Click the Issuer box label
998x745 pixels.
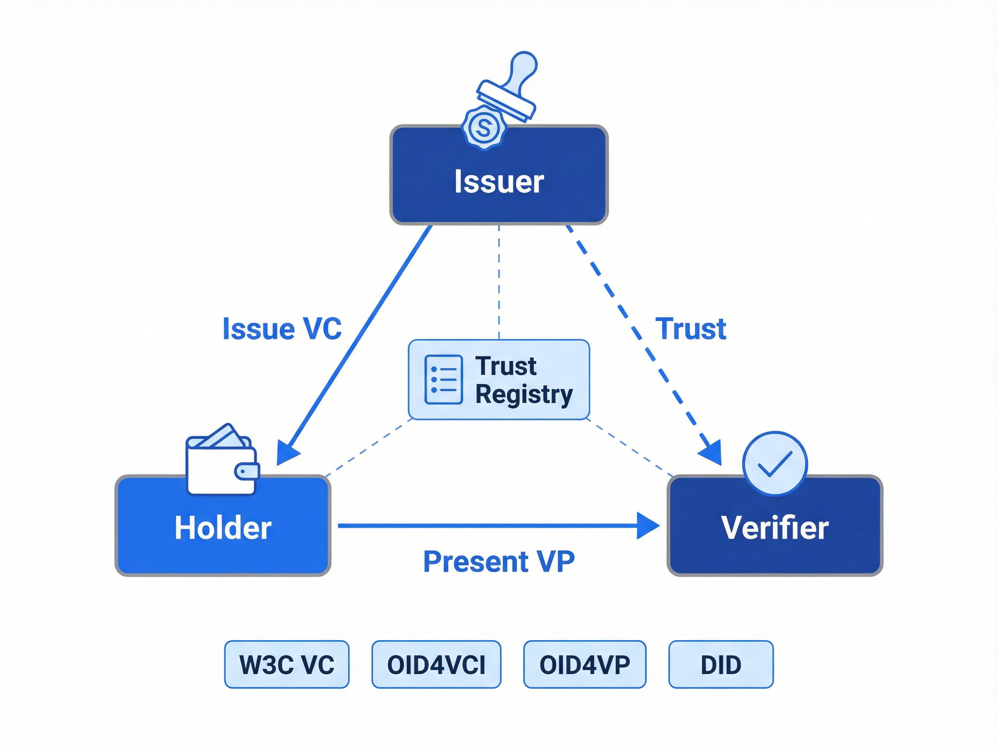pyautogui.click(x=499, y=182)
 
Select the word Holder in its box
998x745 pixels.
pyautogui.click(x=223, y=528)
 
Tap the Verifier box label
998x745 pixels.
pyautogui.click(x=774, y=528)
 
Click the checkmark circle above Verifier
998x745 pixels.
pyautogui.click(x=774, y=463)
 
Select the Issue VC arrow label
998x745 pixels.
pyautogui.click(x=282, y=329)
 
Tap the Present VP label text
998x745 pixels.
pyautogui.click(x=499, y=562)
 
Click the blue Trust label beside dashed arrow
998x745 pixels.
pyautogui.click(x=690, y=329)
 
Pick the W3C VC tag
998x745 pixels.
pyautogui.click(x=287, y=665)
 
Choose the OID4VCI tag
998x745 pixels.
pyautogui.click(x=436, y=665)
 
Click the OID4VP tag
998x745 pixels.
pyautogui.click(x=585, y=665)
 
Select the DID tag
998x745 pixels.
pyautogui.click(x=721, y=665)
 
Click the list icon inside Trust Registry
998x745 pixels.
pyautogui.click(x=443, y=380)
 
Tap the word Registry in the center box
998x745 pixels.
pyautogui.click(x=524, y=395)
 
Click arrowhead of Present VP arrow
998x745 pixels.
pyautogui.click(x=649, y=525)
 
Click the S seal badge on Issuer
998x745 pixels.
pyautogui.click(x=484, y=128)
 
